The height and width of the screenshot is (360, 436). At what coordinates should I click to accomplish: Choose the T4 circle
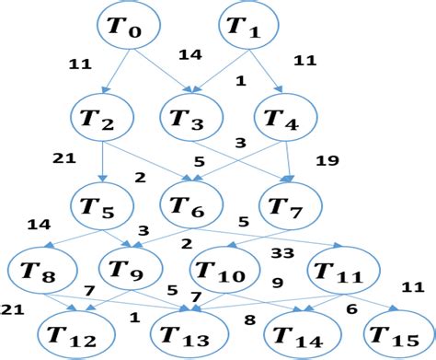285,117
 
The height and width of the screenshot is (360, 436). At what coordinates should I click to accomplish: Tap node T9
129,270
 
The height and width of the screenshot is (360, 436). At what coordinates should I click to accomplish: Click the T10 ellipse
224,272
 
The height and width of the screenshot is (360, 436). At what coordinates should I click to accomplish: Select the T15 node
395,335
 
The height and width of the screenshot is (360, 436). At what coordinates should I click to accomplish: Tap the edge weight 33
282,250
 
